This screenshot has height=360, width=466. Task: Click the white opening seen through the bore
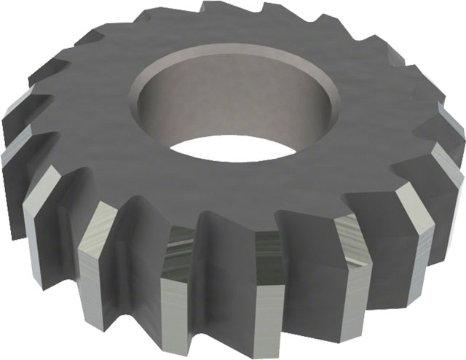[x=232, y=149]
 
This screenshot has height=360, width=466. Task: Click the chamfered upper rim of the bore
[x=218, y=55]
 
